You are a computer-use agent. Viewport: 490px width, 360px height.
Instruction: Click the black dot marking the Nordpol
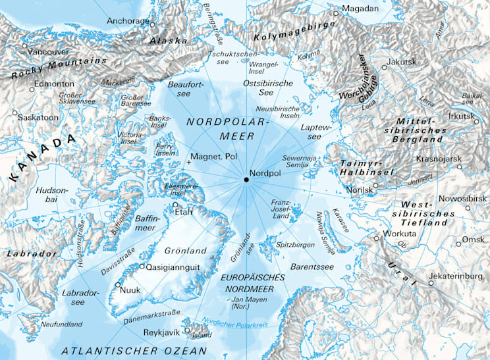pos(246,180)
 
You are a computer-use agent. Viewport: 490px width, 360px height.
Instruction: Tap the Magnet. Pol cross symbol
pos(190,161)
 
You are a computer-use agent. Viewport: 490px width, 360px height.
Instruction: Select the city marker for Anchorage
pos(153,25)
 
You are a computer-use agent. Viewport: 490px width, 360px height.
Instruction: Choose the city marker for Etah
pos(175,205)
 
